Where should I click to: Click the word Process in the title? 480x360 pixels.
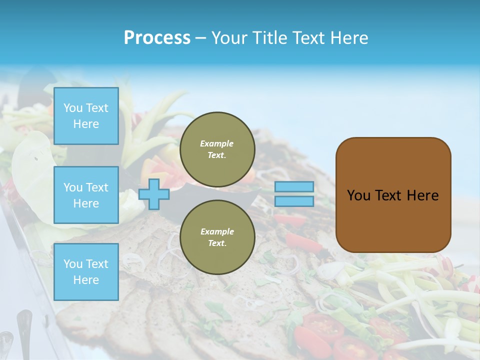[x=157, y=38]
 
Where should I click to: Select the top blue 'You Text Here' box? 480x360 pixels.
[x=86, y=116]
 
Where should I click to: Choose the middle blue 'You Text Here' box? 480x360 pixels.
[x=86, y=195]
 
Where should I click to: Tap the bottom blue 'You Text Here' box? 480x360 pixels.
[x=86, y=271]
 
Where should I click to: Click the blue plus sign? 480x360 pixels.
[x=153, y=194]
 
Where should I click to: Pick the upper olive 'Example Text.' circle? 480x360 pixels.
[x=217, y=149]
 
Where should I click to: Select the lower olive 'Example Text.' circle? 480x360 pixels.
[x=217, y=237]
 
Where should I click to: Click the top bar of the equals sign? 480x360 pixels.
[x=294, y=186]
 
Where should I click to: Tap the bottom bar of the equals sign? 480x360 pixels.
[x=294, y=201]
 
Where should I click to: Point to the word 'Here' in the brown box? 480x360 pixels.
[x=422, y=195]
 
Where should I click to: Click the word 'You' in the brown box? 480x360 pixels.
[x=358, y=195]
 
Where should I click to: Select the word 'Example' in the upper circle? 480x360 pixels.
[x=217, y=143]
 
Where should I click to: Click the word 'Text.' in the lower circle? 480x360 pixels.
[x=217, y=243]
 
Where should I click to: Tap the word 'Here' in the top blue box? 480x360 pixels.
[x=86, y=124]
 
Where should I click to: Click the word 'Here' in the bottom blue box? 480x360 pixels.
[x=86, y=280]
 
